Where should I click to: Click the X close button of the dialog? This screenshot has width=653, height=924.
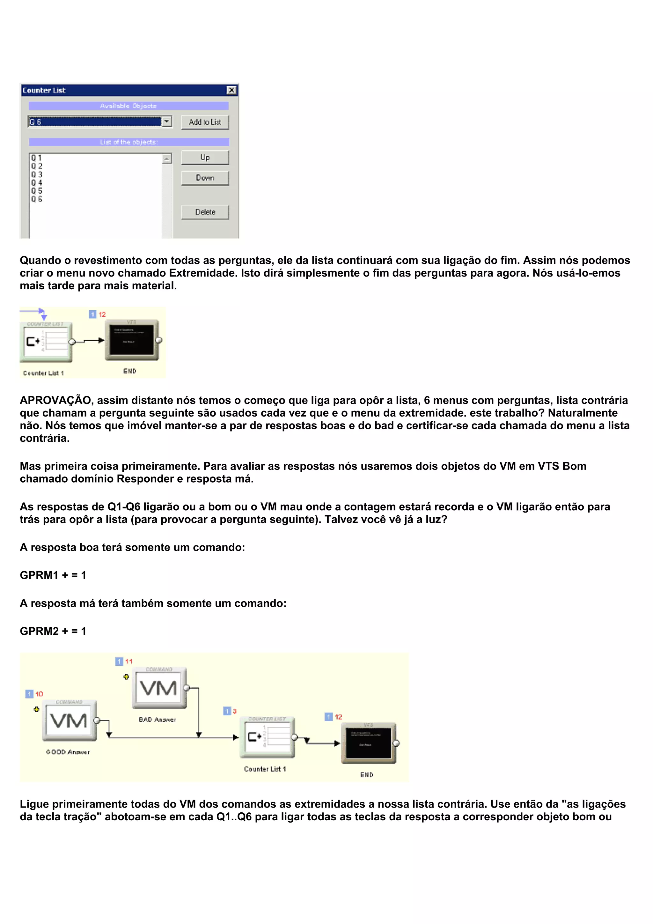pos(231,90)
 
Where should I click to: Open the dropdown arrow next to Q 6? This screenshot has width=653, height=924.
pos(166,122)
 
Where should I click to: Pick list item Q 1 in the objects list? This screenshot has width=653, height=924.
pos(37,158)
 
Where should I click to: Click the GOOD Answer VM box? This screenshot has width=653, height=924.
pos(69,721)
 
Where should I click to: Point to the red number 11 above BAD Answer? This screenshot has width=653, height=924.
pos(129,661)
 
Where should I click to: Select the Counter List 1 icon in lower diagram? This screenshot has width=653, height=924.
pos(267,737)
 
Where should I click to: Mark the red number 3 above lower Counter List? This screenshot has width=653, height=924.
pos(235,711)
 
